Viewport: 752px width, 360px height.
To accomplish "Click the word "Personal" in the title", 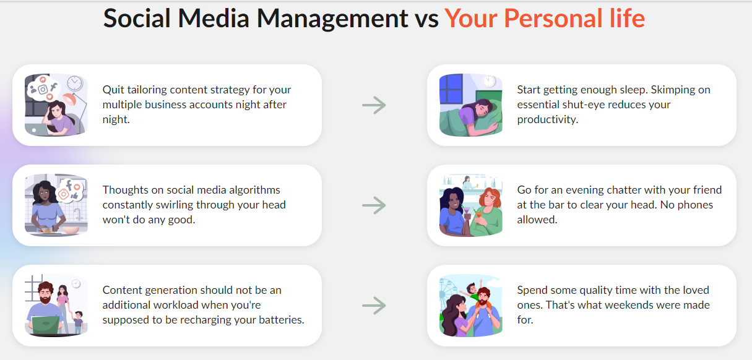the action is (x=553, y=18).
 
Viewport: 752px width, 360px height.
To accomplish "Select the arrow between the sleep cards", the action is (x=374, y=105).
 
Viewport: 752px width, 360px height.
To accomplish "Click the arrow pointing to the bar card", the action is (x=374, y=205).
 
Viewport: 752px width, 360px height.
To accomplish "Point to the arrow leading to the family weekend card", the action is (x=374, y=306).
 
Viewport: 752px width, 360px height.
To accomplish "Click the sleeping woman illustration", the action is (x=470, y=105).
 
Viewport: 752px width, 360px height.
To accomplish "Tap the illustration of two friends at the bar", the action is (x=470, y=205).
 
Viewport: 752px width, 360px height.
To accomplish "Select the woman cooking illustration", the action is (x=56, y=205).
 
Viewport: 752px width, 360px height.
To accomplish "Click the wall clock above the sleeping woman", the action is (x=489, y=81).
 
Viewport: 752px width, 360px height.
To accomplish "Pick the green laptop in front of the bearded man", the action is (x=46, y=324).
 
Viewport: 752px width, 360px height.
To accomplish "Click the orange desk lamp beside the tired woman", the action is (x=71, y=99).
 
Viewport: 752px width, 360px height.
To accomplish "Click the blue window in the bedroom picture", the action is (x=451, y=89).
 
